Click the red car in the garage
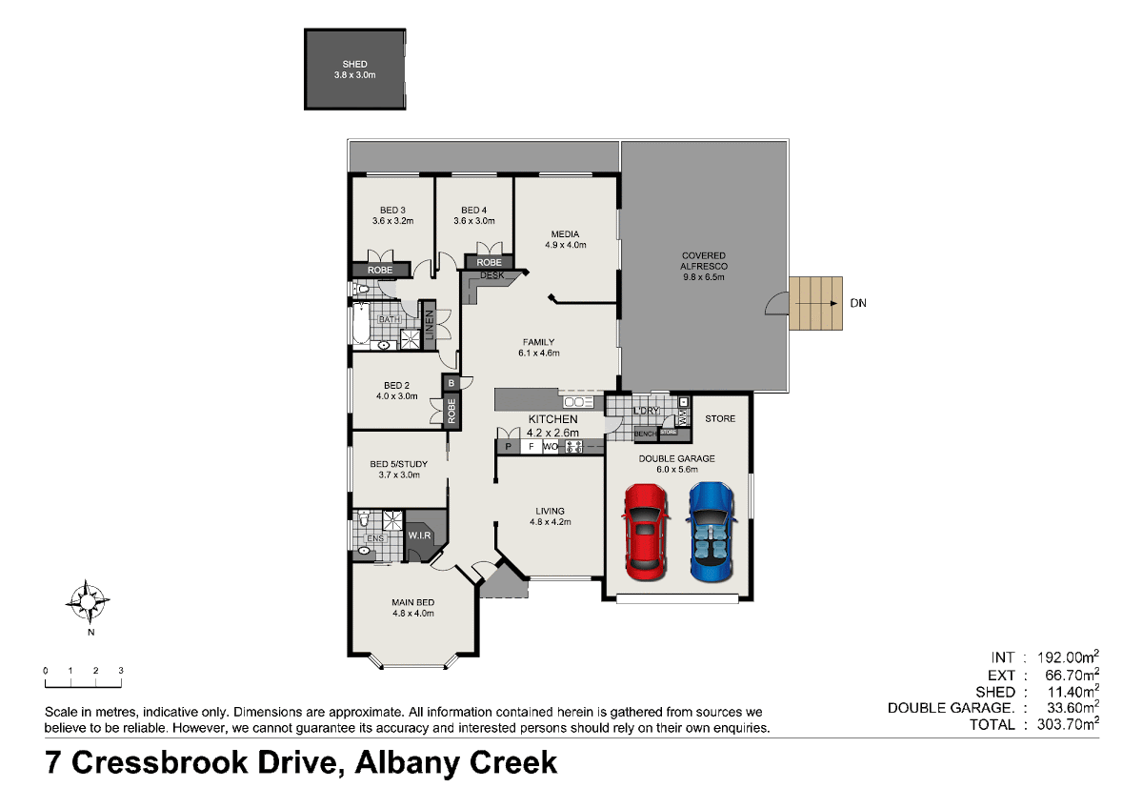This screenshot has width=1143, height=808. tap(646, 532)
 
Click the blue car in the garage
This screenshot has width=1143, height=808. tap(712, 532)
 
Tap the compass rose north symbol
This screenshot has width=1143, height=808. tap(88, 602)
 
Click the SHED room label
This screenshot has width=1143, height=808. tap(354, 64)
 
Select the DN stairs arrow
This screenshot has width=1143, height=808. tap(816, 303)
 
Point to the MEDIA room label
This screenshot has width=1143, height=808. tap(565, 234)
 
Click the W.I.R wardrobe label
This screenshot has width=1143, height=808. tap(419, 535)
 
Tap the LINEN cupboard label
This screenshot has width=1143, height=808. tap(430, 325)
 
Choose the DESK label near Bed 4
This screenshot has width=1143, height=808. tap(491, 275)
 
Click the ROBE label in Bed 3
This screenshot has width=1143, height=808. tap(380, 270)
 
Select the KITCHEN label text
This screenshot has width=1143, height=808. tap(552, 419)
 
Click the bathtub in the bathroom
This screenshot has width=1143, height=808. tap(361, 324)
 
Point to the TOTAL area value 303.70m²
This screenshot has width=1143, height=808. tap(1068, 724)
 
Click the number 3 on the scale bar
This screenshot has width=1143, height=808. tap(121, 671)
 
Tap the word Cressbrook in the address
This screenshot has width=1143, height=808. tap(203, 762)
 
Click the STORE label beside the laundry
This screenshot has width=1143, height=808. tap(720, 418)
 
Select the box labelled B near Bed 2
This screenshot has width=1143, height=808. tap(451, 383)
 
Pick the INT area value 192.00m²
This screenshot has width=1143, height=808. tap(1068, 656)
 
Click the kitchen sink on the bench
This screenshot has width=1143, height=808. tap(578, 402)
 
